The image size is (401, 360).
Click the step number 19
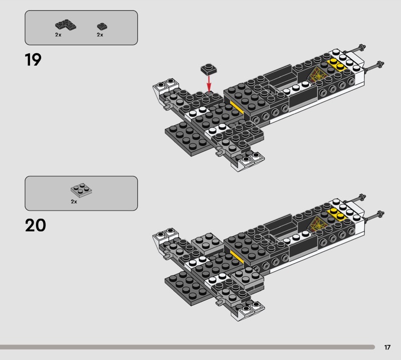[x=33, y=60]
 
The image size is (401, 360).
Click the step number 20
[x=35, y=225]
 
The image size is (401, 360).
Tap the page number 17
[x=387, y=347]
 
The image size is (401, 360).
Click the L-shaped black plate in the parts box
[x=63, y=25]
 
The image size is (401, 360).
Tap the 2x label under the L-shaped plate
[x=58, y=35]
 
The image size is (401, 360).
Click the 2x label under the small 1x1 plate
[x=100, y=35]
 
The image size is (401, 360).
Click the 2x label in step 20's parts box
[x=74, y=201]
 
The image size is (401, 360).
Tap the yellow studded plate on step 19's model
[x=338, y=65]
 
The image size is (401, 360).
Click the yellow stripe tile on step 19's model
[x=236, y=107]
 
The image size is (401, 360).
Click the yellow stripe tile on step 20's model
[x=236, y=256]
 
